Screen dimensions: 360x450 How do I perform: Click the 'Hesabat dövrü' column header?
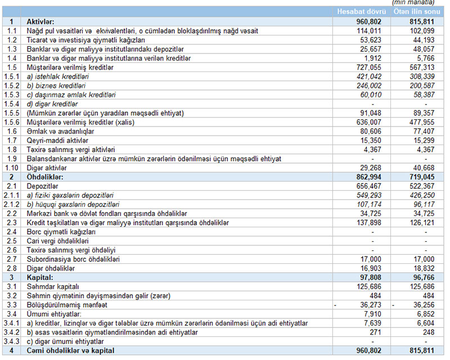tap(361, 12)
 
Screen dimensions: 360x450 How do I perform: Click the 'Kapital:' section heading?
tap(40, 277)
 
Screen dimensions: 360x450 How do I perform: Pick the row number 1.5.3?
tap(11, 94)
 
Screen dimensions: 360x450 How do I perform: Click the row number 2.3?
tap(11, 223)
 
